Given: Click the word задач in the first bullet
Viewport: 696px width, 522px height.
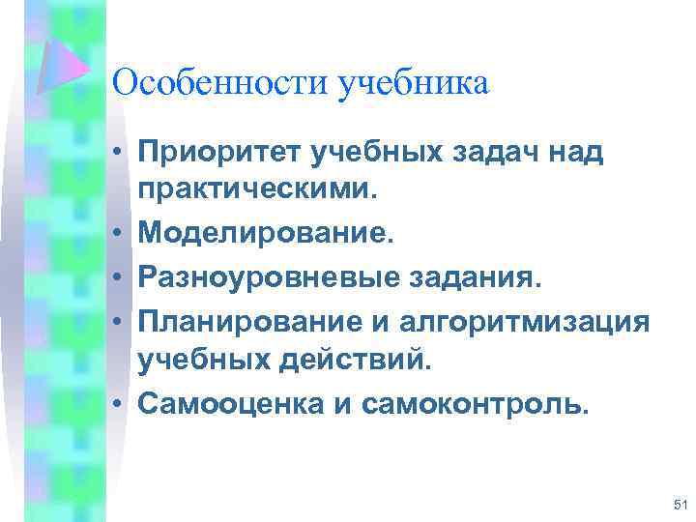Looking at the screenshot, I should click(x=491, y=152).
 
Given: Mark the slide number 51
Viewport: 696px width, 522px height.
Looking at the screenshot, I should click(x=679, y=504).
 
